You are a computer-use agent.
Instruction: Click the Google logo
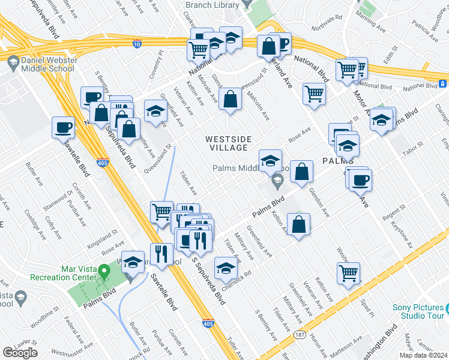coord(20,353)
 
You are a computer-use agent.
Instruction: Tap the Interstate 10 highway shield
coord(137,43)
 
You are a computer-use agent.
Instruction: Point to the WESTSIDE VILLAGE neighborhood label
coord(226,143)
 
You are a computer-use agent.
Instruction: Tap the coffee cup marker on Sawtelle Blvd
coord(64,127)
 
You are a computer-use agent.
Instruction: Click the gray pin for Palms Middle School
coord(277,180)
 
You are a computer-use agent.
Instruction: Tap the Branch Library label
coord(211,5)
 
